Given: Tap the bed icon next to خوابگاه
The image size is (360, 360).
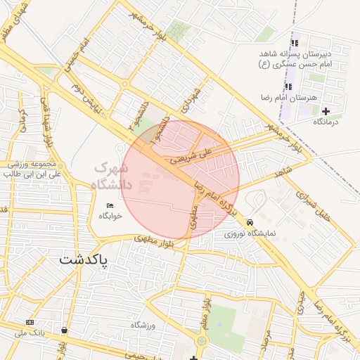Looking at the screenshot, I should pyautogui.click(x=109, y=205).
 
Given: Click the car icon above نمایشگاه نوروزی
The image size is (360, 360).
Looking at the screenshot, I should pyautogui.click(x=251, y=221).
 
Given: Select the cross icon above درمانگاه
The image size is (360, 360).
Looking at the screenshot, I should pyautogui.click(x=326, y=111).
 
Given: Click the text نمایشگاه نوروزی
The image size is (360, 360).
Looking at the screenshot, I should pyautogui.click(x=250, y=233).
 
